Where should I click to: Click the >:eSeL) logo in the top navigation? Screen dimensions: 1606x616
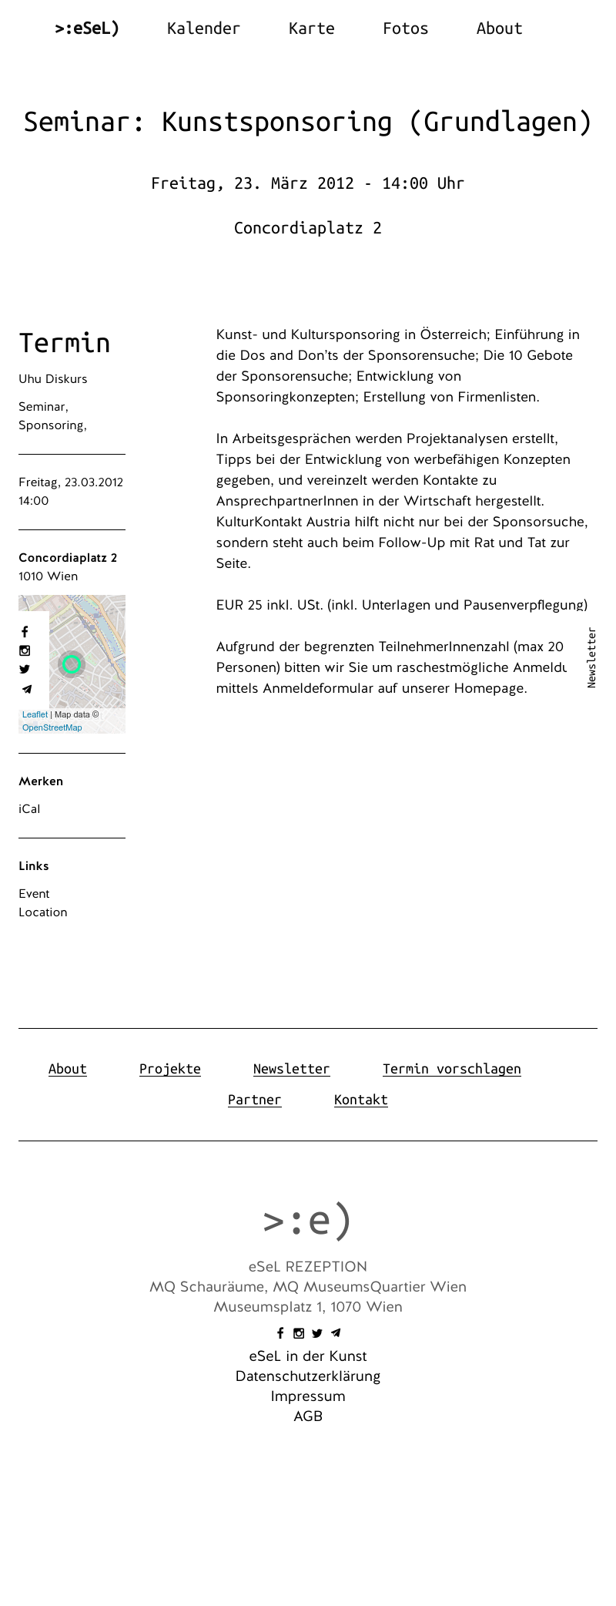point(87,29)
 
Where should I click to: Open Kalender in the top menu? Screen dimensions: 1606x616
point(203,29)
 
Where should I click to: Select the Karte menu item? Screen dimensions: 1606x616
point(311,29)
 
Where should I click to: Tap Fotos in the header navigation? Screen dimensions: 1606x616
point(405,29)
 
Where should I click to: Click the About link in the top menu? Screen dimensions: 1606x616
point(499,29)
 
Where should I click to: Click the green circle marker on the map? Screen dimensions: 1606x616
point(72,664)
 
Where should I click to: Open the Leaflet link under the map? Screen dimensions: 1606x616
point(35,714)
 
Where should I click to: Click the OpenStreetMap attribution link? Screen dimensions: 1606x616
point(52,727)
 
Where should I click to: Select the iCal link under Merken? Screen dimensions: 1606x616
point(29,809)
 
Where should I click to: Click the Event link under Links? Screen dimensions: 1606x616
point(34,894)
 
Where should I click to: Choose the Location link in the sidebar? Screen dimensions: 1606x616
point(43,912)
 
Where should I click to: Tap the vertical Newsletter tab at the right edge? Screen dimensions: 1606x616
point(591,657)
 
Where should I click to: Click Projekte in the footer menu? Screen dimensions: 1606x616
point(170,1069)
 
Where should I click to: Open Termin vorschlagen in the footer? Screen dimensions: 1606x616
point(451,1069)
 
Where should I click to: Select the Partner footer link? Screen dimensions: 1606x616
point(255,1100)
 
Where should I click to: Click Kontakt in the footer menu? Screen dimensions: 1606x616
point(361,1100)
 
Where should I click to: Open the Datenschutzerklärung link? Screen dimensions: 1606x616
point(308,1376)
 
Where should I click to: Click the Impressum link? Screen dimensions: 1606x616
point(308,1396)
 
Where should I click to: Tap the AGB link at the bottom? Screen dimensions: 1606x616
point(308,1416)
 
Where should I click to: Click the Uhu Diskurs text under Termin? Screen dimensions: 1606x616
point(53,379)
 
